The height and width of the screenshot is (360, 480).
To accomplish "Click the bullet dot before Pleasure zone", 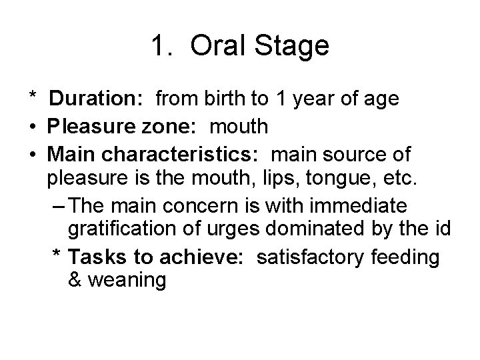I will point(32,126).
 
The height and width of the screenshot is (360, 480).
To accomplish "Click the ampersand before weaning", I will point(75,281).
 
